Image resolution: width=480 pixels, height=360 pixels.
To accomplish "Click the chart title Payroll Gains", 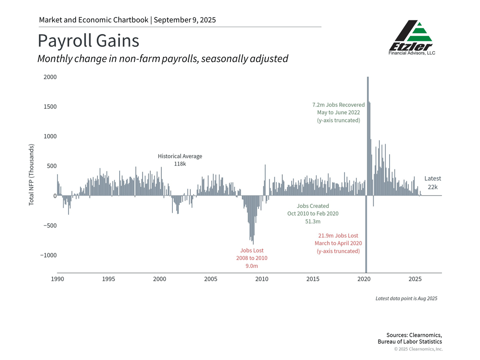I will [88, 41].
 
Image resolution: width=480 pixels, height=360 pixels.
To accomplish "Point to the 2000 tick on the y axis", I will [50, 77].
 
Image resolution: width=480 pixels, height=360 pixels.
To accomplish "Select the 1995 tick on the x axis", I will [108, 279].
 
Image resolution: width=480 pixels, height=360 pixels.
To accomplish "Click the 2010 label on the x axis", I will [262, 279].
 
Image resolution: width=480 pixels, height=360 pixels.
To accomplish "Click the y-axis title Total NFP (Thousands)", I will [32, 175].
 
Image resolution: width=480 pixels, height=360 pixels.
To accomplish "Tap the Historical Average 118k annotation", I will [180, 160].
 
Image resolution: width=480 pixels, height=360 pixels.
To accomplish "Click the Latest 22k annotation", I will [432, 182].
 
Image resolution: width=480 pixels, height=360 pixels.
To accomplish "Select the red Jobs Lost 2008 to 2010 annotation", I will [252, 258].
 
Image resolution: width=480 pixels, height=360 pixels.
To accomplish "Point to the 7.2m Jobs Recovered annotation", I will [338, 112].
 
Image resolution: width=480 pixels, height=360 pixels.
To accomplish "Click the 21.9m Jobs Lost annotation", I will [338, 243].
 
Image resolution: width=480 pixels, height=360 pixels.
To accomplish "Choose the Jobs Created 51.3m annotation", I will [313, 214].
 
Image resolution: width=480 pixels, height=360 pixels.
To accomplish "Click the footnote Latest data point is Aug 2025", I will [406, 298].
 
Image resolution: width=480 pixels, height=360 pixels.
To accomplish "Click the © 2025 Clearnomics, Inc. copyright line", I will [418, 349].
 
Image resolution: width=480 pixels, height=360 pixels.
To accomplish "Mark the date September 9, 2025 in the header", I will [185, 20].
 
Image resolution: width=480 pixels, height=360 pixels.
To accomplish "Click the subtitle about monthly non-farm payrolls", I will [163, 59].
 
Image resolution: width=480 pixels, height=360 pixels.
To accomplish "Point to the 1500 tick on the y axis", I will [50, 107].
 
